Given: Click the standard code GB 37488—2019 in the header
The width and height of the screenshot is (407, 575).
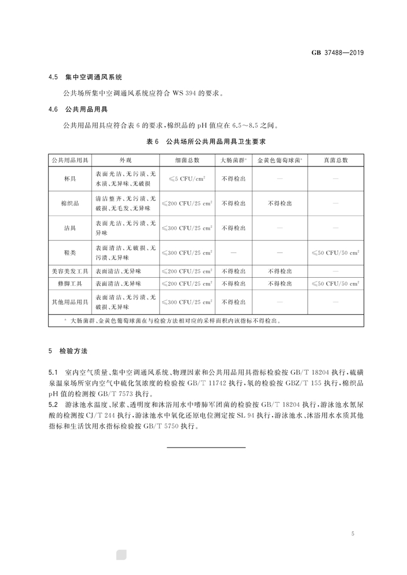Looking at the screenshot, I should point(337,53).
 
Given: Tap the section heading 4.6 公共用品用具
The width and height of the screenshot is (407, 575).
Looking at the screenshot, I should point(78,110).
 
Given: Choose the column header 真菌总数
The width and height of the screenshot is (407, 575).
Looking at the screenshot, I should point(336,160).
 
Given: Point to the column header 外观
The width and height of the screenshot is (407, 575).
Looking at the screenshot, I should point(125,160).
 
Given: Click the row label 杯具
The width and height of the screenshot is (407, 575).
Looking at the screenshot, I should point(71,178).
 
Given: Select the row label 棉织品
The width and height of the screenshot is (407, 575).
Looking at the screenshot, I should point(71,203).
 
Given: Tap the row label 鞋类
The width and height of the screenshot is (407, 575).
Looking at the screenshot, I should point(71,253).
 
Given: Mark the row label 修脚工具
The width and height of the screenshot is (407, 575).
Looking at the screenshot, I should point(71,284).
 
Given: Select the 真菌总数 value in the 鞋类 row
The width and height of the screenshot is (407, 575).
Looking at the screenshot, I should point(336,253).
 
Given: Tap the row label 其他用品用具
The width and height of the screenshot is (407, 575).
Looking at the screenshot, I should point(71,302).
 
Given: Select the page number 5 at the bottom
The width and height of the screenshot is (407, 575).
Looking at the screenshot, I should point(353,535).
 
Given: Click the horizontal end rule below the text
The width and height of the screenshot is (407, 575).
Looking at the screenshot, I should point(206,447).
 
